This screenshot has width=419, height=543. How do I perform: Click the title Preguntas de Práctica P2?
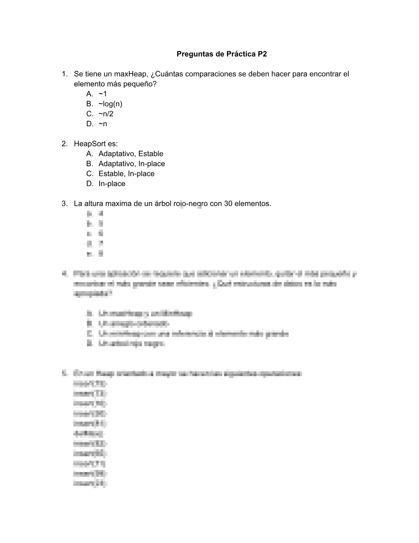pyautogui.click(x=221, y=54)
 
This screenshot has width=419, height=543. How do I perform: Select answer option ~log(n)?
pyautogui.click(x=110, y=104)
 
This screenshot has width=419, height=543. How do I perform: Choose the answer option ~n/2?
pyautogui.click(x=106, y=114)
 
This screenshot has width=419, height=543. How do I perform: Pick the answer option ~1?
pyautogui.click(x=103, y=94)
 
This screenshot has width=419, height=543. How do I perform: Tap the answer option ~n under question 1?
pyautogui.click(x=103, y=124)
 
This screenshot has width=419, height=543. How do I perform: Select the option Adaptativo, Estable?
pyautogui.click(x=131, y=154)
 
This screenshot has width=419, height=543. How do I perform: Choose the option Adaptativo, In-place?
pyautogui.click(x=131, y=164)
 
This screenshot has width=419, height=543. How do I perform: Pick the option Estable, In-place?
pyautogui.click(x=126, y=173)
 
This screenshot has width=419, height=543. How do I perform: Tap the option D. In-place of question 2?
pyautogui.click(x=112, y=183)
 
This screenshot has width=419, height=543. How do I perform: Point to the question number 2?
pyautogui.click(x=64, y=144)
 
